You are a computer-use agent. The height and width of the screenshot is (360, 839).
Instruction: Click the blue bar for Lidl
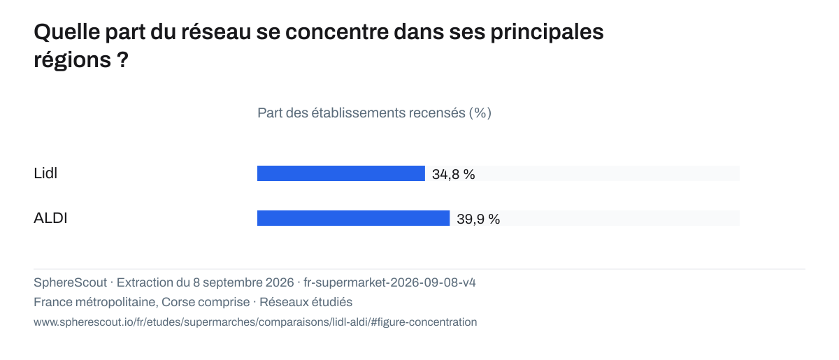point(341,173)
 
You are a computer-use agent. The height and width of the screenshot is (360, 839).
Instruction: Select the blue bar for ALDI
point(353,218)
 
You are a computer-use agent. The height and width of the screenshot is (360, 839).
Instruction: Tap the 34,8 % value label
point(453,174)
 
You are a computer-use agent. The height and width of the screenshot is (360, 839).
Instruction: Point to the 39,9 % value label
point(478,219)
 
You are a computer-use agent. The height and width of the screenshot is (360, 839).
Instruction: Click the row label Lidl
point(45,173)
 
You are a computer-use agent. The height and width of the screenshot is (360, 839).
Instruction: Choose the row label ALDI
point(50,218)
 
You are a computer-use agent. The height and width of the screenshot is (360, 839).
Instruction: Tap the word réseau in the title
point(216,32)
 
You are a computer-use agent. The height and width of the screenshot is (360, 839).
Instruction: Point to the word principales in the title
point(547,33)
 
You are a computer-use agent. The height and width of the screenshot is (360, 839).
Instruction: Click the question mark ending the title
point(122,59)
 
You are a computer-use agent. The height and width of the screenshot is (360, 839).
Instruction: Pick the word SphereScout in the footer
point(70,282)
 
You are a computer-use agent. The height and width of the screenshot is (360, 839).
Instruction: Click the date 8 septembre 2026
point(243,282)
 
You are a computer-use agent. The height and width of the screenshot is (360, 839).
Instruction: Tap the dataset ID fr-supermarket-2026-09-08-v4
point(389,282)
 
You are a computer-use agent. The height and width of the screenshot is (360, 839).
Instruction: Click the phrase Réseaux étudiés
point(306,302)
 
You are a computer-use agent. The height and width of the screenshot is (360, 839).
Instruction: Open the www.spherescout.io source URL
point(255,322)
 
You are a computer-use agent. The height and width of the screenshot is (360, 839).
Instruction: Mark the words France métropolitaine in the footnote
point(94,302)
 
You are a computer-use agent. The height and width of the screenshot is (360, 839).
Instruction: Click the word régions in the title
point(72,61)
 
